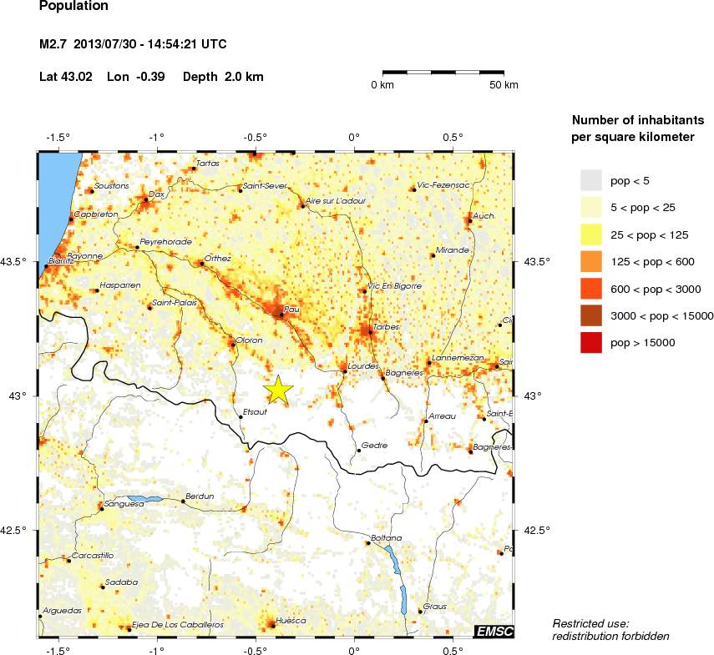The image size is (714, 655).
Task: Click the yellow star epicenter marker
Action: tap(278, 390)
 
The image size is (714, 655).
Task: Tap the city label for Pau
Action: tap(291, 309)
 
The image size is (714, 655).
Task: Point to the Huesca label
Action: tap(291, 621)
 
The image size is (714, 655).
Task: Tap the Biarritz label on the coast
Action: tap(63, 261)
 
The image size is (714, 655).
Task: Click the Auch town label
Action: tap(484, 215)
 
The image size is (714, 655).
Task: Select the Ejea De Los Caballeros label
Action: tap(178, 624)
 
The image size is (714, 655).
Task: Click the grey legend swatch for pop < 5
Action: tap(591, 179)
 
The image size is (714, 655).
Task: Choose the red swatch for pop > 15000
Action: tap(591, 342)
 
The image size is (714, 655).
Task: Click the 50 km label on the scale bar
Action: tap(504, 85)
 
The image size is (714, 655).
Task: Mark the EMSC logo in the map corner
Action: tap(494, 632)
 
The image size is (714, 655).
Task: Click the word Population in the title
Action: tap(73, 6)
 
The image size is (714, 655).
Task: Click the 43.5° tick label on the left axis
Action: tap(16, 262)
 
